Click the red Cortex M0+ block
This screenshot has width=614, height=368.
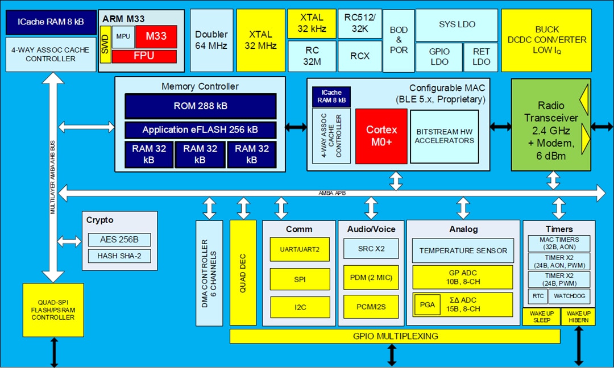(x=381, y=135)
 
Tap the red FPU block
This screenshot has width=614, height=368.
(x=144, y=56)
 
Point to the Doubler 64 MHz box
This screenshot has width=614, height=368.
(x=211, y=40)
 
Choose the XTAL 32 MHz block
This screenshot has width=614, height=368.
(x=260, y=40)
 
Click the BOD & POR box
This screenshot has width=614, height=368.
(x=399, y=40)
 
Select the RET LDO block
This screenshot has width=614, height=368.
(x=481, y=57)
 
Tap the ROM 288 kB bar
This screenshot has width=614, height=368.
(x=200, y=106)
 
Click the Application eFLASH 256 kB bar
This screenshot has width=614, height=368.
(x=200, y=129)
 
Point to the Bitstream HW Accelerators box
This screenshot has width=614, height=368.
(x=444, y=136)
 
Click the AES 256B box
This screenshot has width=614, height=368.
(x=119, y=239)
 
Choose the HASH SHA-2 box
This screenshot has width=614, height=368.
(x=119, y=256)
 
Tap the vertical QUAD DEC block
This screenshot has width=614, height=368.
(x=243, y=273)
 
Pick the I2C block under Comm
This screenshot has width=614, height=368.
(x=299, y=307)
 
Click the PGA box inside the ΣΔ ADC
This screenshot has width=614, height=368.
(x=427, y=304)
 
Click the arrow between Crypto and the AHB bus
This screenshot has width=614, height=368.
(x=70, y=241)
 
